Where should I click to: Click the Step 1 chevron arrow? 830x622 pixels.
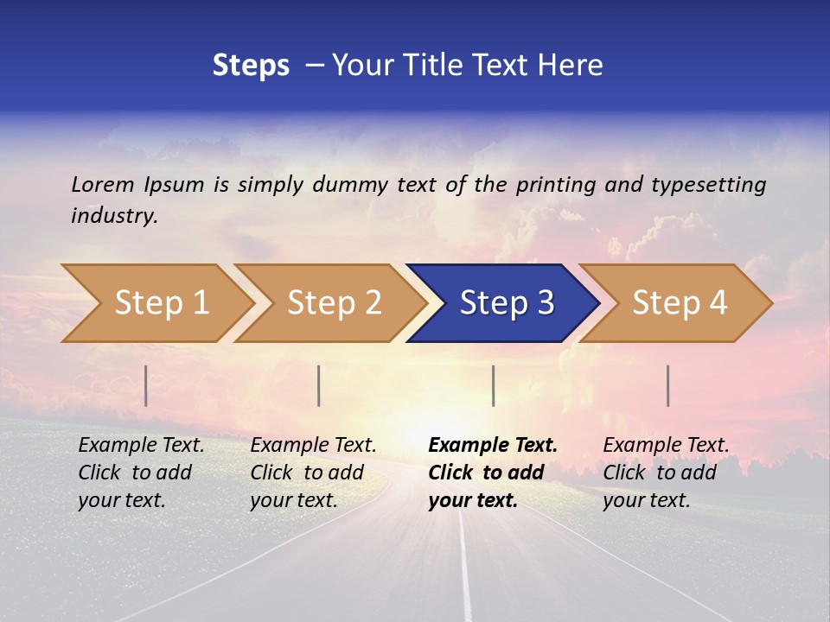[160, 303]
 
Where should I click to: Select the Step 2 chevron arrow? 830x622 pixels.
[333, 303]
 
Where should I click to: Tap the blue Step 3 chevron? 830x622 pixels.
[506, 303]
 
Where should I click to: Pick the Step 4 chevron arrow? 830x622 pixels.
[679, 303]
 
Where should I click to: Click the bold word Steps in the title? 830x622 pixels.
[251, 66]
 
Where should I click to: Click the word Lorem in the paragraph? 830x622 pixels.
[103, 184]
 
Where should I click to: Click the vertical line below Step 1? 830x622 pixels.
[146, 385]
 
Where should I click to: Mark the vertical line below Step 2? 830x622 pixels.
[319, 385]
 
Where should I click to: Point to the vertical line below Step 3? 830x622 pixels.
[493, 385]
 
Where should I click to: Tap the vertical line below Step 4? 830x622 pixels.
[668, 385]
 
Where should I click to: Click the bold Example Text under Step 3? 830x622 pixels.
[493, 446]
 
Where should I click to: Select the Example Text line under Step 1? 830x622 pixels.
[141, 446]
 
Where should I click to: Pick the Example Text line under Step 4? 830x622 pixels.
[666, 446]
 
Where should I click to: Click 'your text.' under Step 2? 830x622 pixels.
[293, 500]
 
